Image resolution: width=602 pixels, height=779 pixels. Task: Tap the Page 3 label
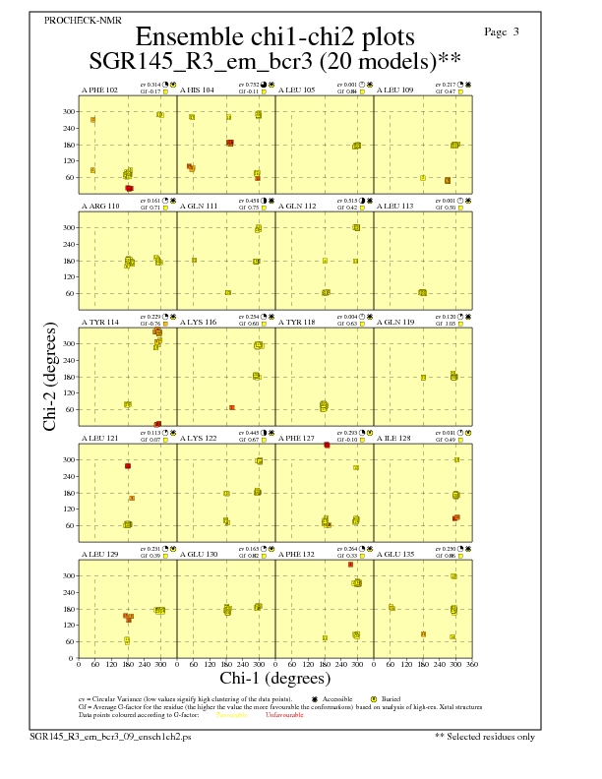[x=502, y=31]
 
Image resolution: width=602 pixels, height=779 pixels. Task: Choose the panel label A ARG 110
[x=100, y=207]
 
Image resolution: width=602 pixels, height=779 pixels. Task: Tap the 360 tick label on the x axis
[x=472, y=665]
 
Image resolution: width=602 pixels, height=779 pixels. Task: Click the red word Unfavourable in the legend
[x=284, y=715]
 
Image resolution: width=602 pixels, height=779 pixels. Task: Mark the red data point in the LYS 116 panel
[x=232, y=407]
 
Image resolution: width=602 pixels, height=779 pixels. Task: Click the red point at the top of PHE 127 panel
[x=326, y=446]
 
